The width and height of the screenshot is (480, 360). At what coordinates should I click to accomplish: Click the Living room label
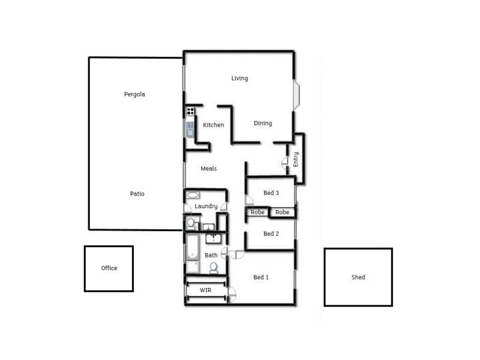point(240,78)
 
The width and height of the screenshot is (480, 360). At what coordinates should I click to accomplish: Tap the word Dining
point(263,123)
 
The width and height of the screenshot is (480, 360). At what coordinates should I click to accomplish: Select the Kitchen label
point(214,125)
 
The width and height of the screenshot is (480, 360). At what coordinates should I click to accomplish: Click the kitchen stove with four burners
point(190,111)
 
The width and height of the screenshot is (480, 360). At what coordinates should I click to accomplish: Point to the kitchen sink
point(190,129)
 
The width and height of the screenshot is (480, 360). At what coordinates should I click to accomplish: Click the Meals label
point(209,169)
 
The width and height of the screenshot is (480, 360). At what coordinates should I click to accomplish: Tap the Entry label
point(296,159)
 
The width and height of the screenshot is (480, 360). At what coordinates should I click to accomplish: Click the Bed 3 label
point(271,193)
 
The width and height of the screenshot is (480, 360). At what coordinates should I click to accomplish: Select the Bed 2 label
point(271,233)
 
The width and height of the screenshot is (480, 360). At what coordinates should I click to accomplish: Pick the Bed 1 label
point(261,277)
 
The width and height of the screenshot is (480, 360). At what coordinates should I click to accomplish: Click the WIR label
point(206,290)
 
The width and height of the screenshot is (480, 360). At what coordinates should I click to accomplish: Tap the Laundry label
point(206,206)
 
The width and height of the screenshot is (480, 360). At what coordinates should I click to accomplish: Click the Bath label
point(211,255)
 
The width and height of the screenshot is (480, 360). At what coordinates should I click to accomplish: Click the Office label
point(109,268)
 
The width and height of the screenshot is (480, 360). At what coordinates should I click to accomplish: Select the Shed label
point(358,277)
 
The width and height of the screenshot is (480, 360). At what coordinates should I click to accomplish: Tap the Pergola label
point(134,94)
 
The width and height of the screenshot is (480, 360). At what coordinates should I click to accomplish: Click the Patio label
point(137,194)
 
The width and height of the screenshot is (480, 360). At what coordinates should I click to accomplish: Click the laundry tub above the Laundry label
point(194,195)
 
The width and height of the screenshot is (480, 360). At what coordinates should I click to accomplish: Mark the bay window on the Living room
point(296,95)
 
